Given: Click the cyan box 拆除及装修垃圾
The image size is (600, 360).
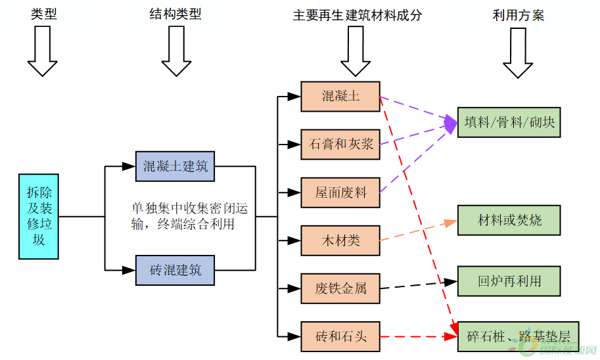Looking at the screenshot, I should click(x=39, y=217).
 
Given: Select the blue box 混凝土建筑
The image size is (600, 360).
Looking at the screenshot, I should click(x=175, y=166).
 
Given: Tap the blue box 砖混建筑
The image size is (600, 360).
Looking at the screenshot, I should click(x=175, y=269).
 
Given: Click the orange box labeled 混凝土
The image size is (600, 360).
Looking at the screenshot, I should click(x=340, y=96).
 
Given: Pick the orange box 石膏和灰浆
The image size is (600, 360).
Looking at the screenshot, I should click(x=340, y=145).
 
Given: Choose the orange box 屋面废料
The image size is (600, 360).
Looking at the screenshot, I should click(x=340, y=192).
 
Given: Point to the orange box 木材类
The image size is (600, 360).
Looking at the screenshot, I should click(x=340, y=240).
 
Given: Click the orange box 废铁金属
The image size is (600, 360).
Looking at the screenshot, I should click(x=340, y=288).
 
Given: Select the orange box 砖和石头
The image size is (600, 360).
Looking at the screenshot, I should click(x=340, y=337).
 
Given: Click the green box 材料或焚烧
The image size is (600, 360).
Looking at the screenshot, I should click(x=509, y=219).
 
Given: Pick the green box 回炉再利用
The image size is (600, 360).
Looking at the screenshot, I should click(x=509, y=281).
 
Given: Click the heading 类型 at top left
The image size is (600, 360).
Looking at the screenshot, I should click(x=44, y=14).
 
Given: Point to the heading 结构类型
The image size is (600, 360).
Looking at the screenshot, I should click(x=175, y=14).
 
